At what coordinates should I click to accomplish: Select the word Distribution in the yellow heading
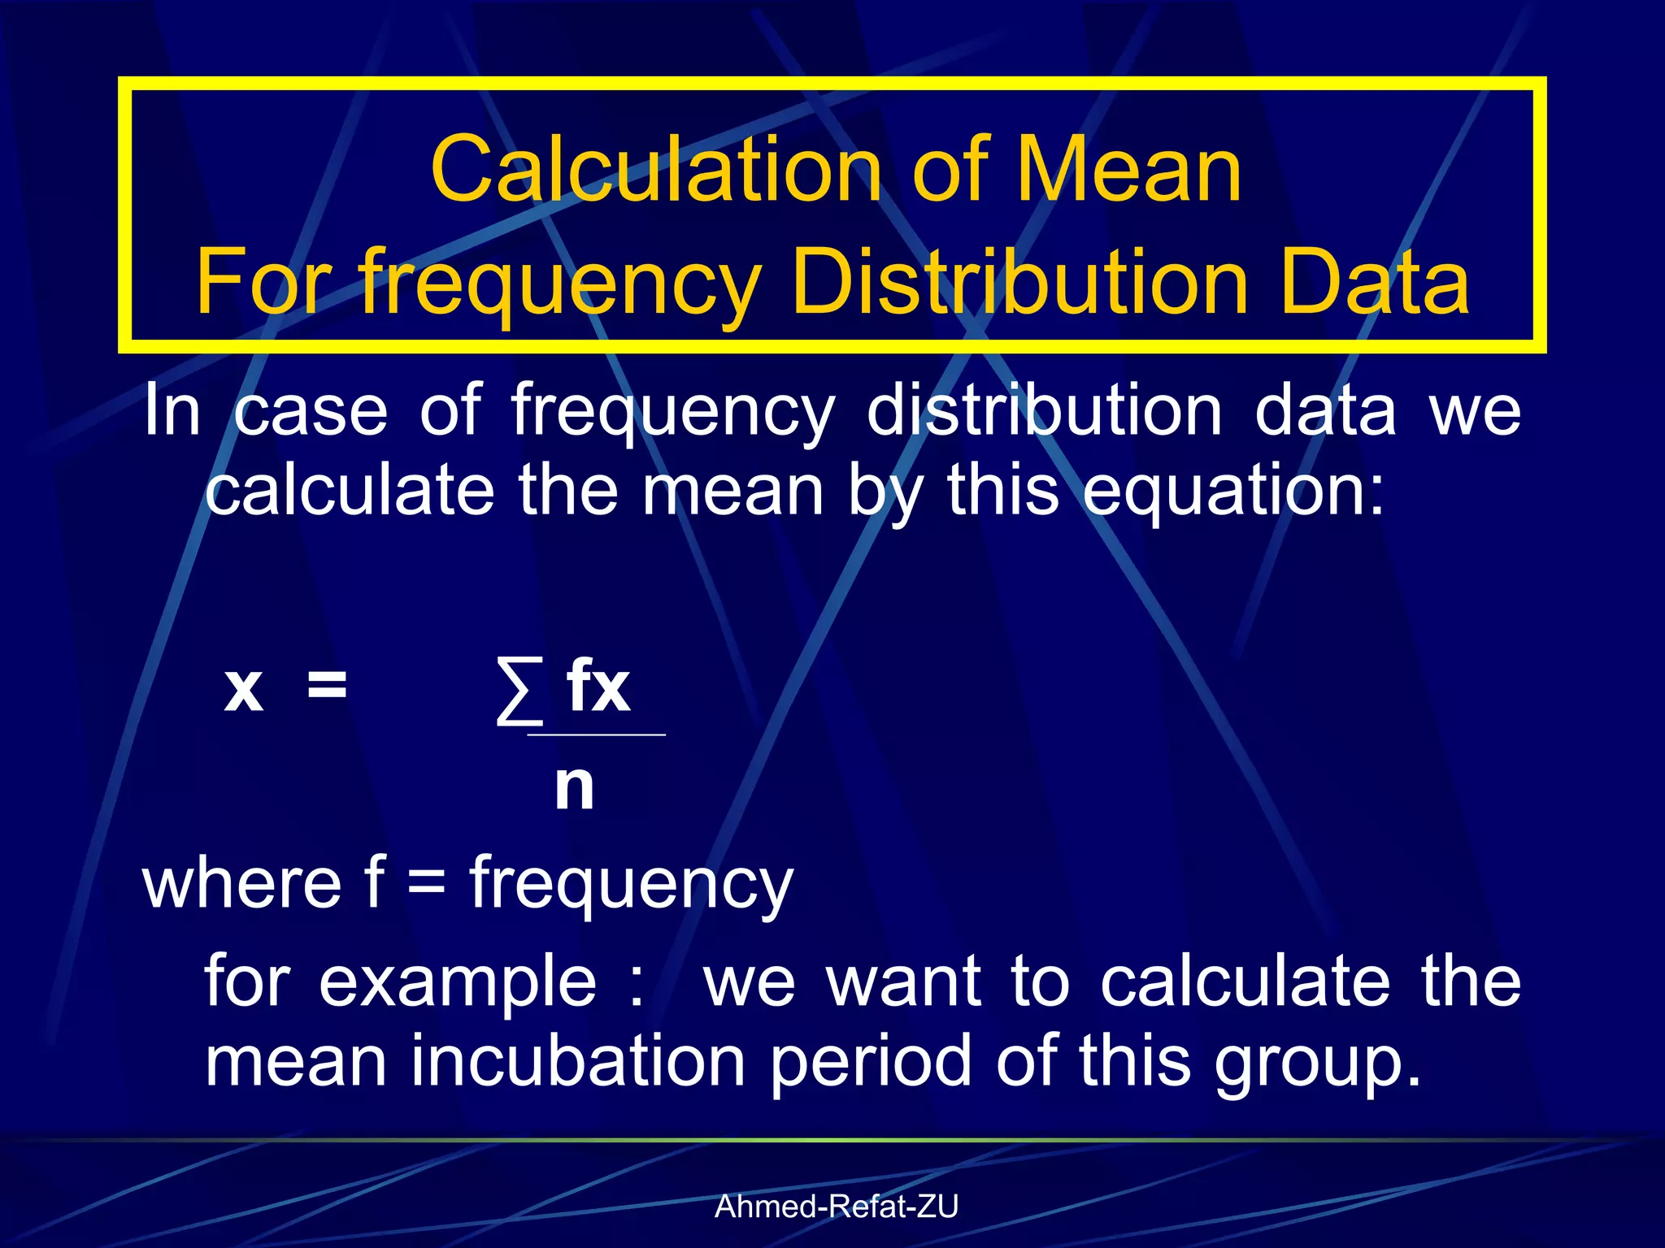click(1019, 282)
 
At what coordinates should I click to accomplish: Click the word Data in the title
click(1374, 282)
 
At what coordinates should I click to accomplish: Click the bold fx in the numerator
click(598, 687)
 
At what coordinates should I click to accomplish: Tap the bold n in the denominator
click(574, 786)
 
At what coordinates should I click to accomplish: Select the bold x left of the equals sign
click(244, 689)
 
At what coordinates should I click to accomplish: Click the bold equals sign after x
click(327, 687)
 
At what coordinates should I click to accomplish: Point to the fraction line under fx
click(597, 734)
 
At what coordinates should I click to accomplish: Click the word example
click(458, 981)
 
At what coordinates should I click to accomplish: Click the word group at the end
click(1317, 1062)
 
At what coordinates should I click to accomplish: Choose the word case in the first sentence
click(311, 411)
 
